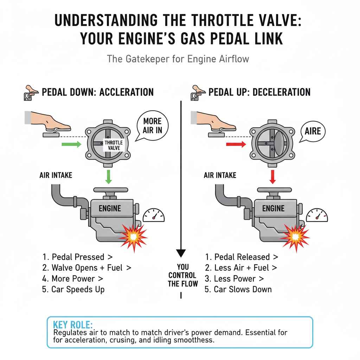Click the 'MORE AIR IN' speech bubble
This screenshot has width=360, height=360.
(x=152, y=126)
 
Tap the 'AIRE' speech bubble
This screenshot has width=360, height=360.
(x=313, y=131)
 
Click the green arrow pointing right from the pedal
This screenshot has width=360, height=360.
(x=71, y=144)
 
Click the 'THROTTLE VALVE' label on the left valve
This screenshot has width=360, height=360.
(x=114, y=145)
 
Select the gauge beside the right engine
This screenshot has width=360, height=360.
(x=317, y=215)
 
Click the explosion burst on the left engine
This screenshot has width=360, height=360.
(x=134, y=236)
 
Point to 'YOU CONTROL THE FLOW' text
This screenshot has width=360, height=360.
(x=182, y=275)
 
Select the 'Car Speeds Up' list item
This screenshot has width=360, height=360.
(x=73, y=290)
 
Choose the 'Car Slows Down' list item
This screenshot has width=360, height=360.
(x=238, y=290)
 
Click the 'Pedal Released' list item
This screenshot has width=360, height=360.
(x=242, y=257)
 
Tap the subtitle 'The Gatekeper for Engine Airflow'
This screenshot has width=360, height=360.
(x=178, y=58)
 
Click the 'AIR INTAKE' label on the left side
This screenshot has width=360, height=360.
(x=56, y=175)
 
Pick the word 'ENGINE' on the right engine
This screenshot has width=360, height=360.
(x=273, y=208)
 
